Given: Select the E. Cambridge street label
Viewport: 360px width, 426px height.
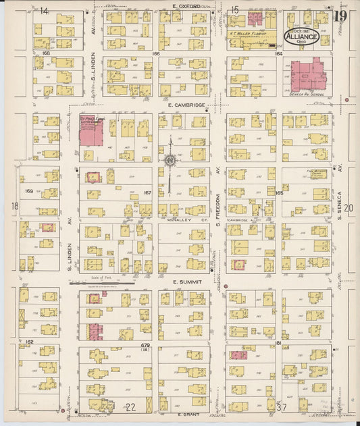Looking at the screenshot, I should (x=183, y=106).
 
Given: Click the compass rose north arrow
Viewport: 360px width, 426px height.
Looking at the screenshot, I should (x=170, y=159).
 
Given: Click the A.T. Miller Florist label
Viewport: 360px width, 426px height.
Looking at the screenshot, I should (x=251, y=32).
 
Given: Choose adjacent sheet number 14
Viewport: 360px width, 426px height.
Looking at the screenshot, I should (x=45, y=11).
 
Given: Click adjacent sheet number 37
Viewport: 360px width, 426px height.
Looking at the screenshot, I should (x=282, y=406).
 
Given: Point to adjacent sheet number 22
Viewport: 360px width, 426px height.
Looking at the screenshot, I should (x=131, y=407).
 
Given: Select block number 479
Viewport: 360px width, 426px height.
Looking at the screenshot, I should (x=145, y=344).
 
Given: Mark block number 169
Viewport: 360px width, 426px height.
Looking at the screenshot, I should (x=28, y=191).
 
